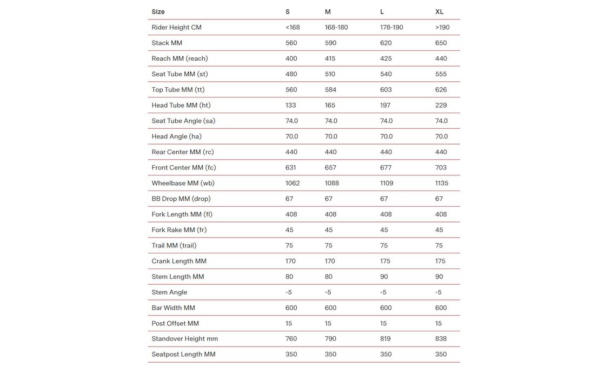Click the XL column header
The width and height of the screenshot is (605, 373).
click(x=440, y=12)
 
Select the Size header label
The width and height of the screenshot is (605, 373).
click(x=158, y=12)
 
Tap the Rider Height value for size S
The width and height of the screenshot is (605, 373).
click(x=292, y=28)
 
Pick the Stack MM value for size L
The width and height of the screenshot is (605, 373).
click(x=386, y=43)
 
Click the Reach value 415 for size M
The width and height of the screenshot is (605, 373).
click(x=330, y=58)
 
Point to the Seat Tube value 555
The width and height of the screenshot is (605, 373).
click(x=441, y=74)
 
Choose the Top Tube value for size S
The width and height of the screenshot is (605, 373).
click(x=291, y=90)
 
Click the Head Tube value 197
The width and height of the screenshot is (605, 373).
click(x=385, y=106)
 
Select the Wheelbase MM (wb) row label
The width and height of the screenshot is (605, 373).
click(x=183, y=184)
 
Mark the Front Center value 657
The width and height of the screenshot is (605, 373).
click(x=330, y=168)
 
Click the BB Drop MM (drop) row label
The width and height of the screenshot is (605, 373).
click(x=182, y=199)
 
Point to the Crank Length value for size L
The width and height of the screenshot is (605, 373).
click(x=385, y=261)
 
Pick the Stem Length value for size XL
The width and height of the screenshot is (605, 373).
click(x=439, y=277)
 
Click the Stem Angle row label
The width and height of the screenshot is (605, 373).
click(x=169, y=292)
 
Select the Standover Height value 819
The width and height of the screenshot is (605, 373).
click(x=385, y=339)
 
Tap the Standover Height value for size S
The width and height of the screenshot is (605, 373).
click(x=291, y=339)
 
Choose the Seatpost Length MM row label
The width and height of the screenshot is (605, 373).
click(x=183, y=355)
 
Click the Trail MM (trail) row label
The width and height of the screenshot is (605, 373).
click(x=174, y=246)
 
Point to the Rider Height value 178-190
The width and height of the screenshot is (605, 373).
click(x=391, y=28)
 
